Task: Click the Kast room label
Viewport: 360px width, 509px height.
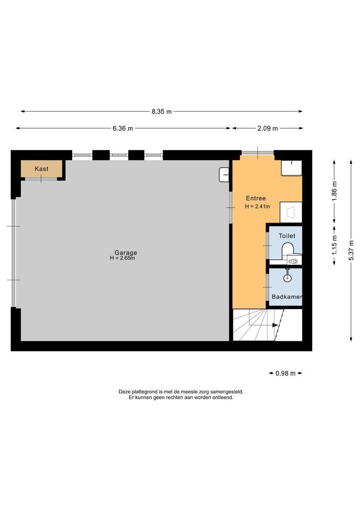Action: coord(41,169)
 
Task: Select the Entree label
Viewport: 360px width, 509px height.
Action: coord(256,198)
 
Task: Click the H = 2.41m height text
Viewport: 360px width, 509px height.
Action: coord(258,206)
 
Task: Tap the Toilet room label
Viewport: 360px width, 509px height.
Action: coord(287,236)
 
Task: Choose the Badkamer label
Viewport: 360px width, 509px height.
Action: coord(286,297)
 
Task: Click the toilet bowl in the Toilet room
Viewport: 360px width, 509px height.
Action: coord(287,249)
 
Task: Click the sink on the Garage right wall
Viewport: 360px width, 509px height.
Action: coord(224,174)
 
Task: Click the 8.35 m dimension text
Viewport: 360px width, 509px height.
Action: coord(162,112)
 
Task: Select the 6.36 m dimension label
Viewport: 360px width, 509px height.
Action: coord(123,128)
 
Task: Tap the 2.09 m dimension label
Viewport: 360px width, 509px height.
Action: coord(268,128)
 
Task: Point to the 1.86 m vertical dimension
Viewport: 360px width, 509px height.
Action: coord(335,191)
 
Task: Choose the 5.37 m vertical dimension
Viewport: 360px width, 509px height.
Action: coord(351,250)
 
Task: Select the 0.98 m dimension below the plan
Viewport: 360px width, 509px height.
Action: coord(286,373)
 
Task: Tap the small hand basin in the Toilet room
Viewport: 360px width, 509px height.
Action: coord(294,260)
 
